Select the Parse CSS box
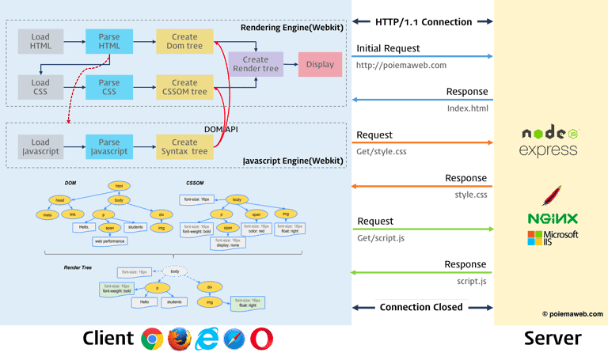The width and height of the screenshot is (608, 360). [109, 86]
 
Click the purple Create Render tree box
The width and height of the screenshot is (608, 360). [256, 64]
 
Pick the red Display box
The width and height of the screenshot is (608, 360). [320, 65]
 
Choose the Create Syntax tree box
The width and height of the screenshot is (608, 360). [184, 146]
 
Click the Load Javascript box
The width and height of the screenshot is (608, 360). [40, 146]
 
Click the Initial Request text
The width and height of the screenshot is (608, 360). [389, 49]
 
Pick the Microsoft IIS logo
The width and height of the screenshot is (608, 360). [553, 237]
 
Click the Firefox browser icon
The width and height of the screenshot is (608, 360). [180, 339]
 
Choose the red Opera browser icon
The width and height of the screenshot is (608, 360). [263, 339]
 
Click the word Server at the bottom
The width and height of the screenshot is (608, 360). [552, 339]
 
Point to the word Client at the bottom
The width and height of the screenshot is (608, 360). [108, 339]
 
